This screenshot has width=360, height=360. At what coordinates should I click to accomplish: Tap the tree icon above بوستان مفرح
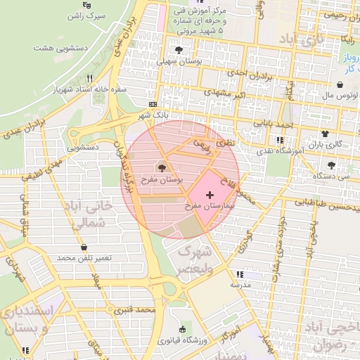coord(162,168)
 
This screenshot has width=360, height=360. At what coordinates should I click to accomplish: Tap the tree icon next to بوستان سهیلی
coord(180,50)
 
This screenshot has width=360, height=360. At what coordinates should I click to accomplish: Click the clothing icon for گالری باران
coord(325,134)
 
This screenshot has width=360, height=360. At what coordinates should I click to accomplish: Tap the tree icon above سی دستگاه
coord(331,166)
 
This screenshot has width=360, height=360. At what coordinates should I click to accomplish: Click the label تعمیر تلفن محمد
coord(85,259)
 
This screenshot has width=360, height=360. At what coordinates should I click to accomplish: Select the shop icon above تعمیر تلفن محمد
coord(85,247)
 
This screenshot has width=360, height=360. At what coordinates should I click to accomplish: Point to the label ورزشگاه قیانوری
coord(181,341)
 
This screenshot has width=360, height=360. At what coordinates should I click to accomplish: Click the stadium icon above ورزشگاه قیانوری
coord(184,329)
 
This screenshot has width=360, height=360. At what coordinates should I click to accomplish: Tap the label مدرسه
coord(240,286)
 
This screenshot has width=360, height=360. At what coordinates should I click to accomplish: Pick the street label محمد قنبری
coord(136,309)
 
